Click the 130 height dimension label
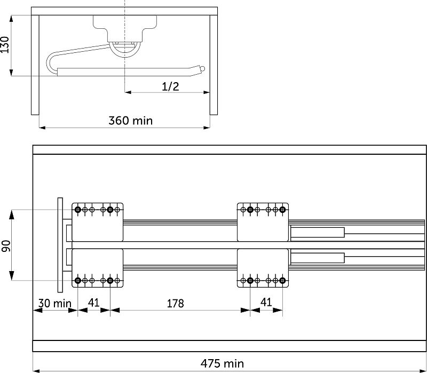click(5, 45)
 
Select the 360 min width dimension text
click(131, 121)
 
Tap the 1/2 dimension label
click(170, 86)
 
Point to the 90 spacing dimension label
click(6, 246)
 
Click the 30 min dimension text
click(54, 303)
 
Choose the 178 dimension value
click(176, 303)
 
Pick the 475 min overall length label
click(222, 363)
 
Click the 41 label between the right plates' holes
click(266, 302)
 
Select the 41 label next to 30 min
click(94, 303)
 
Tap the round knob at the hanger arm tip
click(202, 69)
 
